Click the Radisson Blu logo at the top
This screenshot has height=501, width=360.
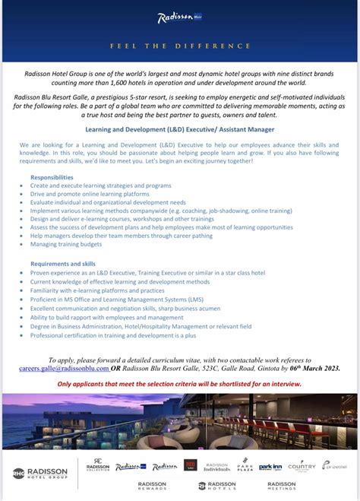pos(180,18)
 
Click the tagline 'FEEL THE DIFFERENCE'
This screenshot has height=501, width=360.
pos(180,46)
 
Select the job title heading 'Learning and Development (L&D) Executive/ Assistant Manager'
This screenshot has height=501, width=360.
pos(180,129)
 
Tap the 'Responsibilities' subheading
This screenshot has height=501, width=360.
pos(52,176)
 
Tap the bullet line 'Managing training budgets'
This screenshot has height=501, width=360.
pos(66,245)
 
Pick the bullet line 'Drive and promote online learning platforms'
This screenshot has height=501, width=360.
pos(90,194)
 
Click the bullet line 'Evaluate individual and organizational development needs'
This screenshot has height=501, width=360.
pos(108,202)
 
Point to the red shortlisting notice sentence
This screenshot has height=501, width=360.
pos(180,384)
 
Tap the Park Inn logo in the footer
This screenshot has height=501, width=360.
pos(270,466)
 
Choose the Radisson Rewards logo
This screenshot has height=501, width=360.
pos(153,486)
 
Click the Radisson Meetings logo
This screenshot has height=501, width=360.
pos(281,486)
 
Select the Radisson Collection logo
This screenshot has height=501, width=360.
pos(98,465)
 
